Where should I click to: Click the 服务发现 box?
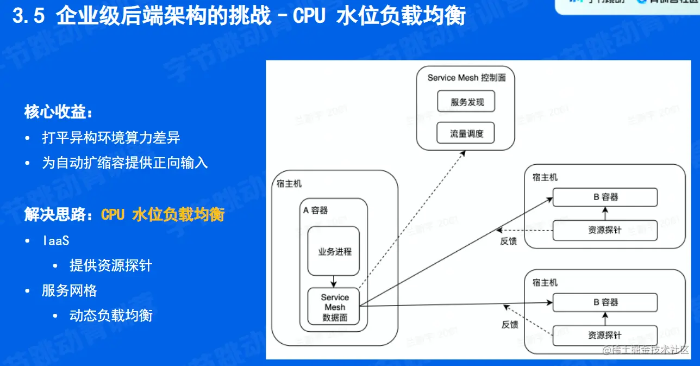click(x=466, y=102)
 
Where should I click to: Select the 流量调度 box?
click(x=466, y=133)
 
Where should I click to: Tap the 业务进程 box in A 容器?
click(x=334, y=251)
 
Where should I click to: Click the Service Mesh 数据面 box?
click(x=334, y=306)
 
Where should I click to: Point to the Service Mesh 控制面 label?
click(x=466, y=78)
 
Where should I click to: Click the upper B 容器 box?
click(x=605, y=197)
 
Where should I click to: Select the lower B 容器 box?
click(x=605, y=302)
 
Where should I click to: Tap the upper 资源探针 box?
click(x=605, y=230)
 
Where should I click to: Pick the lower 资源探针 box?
click(x=605, y=335)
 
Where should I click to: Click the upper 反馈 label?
click(x=509, y=241)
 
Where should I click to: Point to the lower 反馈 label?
click(x=510, y=325)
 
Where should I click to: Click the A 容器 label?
click(x=315, y=210)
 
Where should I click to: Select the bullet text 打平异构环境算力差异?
click(x=111, y=138)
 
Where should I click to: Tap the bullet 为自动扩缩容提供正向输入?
click(x=125, y=163)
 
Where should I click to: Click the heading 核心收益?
click(x=59, y=113)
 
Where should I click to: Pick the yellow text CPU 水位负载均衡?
click(x=162, y=215)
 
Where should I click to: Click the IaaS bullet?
click(x=55, y=240)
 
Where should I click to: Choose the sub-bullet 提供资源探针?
click(x=111, y=265)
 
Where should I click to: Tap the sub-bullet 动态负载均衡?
click(x=111, y=315)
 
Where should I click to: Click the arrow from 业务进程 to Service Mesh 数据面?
click(x=334, y=282)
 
